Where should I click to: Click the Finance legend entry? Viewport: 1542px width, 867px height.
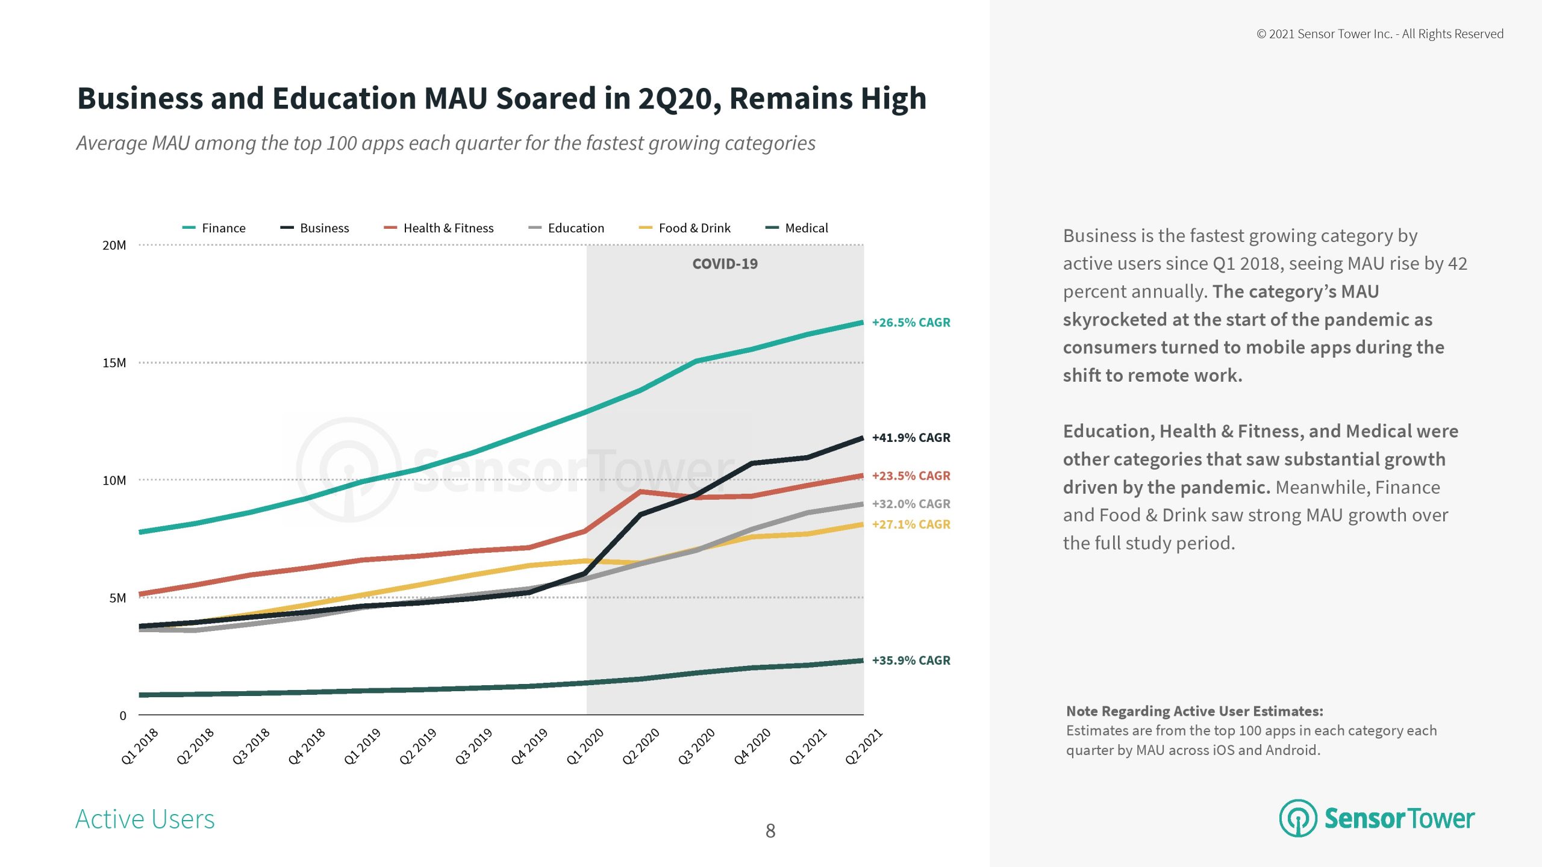(214, 228)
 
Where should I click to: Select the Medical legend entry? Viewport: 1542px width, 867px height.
(797, 228)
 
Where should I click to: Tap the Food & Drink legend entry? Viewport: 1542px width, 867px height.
(685, 228)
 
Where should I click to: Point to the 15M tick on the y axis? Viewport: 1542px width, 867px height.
(114, 363)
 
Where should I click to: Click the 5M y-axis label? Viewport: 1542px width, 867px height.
(117, 598)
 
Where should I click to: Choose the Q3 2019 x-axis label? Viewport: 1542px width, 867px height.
(473, 747)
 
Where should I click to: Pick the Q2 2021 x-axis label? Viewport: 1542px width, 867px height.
(863, 747)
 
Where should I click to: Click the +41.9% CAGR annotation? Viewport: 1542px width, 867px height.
(911, 438)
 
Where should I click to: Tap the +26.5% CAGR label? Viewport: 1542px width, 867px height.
(911, 323)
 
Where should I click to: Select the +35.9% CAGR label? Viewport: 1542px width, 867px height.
(911, 660)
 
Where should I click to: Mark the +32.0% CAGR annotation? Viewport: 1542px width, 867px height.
(911, 504)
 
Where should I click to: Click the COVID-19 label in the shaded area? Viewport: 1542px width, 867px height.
(725, 264)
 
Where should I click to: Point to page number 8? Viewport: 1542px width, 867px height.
(770, 831)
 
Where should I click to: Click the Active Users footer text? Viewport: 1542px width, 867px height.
(145, 819)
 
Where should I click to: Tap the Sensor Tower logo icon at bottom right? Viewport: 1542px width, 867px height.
(1298, 818)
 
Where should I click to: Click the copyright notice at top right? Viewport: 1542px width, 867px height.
(1379, 34)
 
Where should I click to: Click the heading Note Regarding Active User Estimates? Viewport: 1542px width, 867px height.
(1194, 711)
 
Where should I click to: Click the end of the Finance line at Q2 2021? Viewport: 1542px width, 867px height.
(862, 323)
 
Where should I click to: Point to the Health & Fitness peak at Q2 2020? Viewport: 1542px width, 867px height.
(641, 492)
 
